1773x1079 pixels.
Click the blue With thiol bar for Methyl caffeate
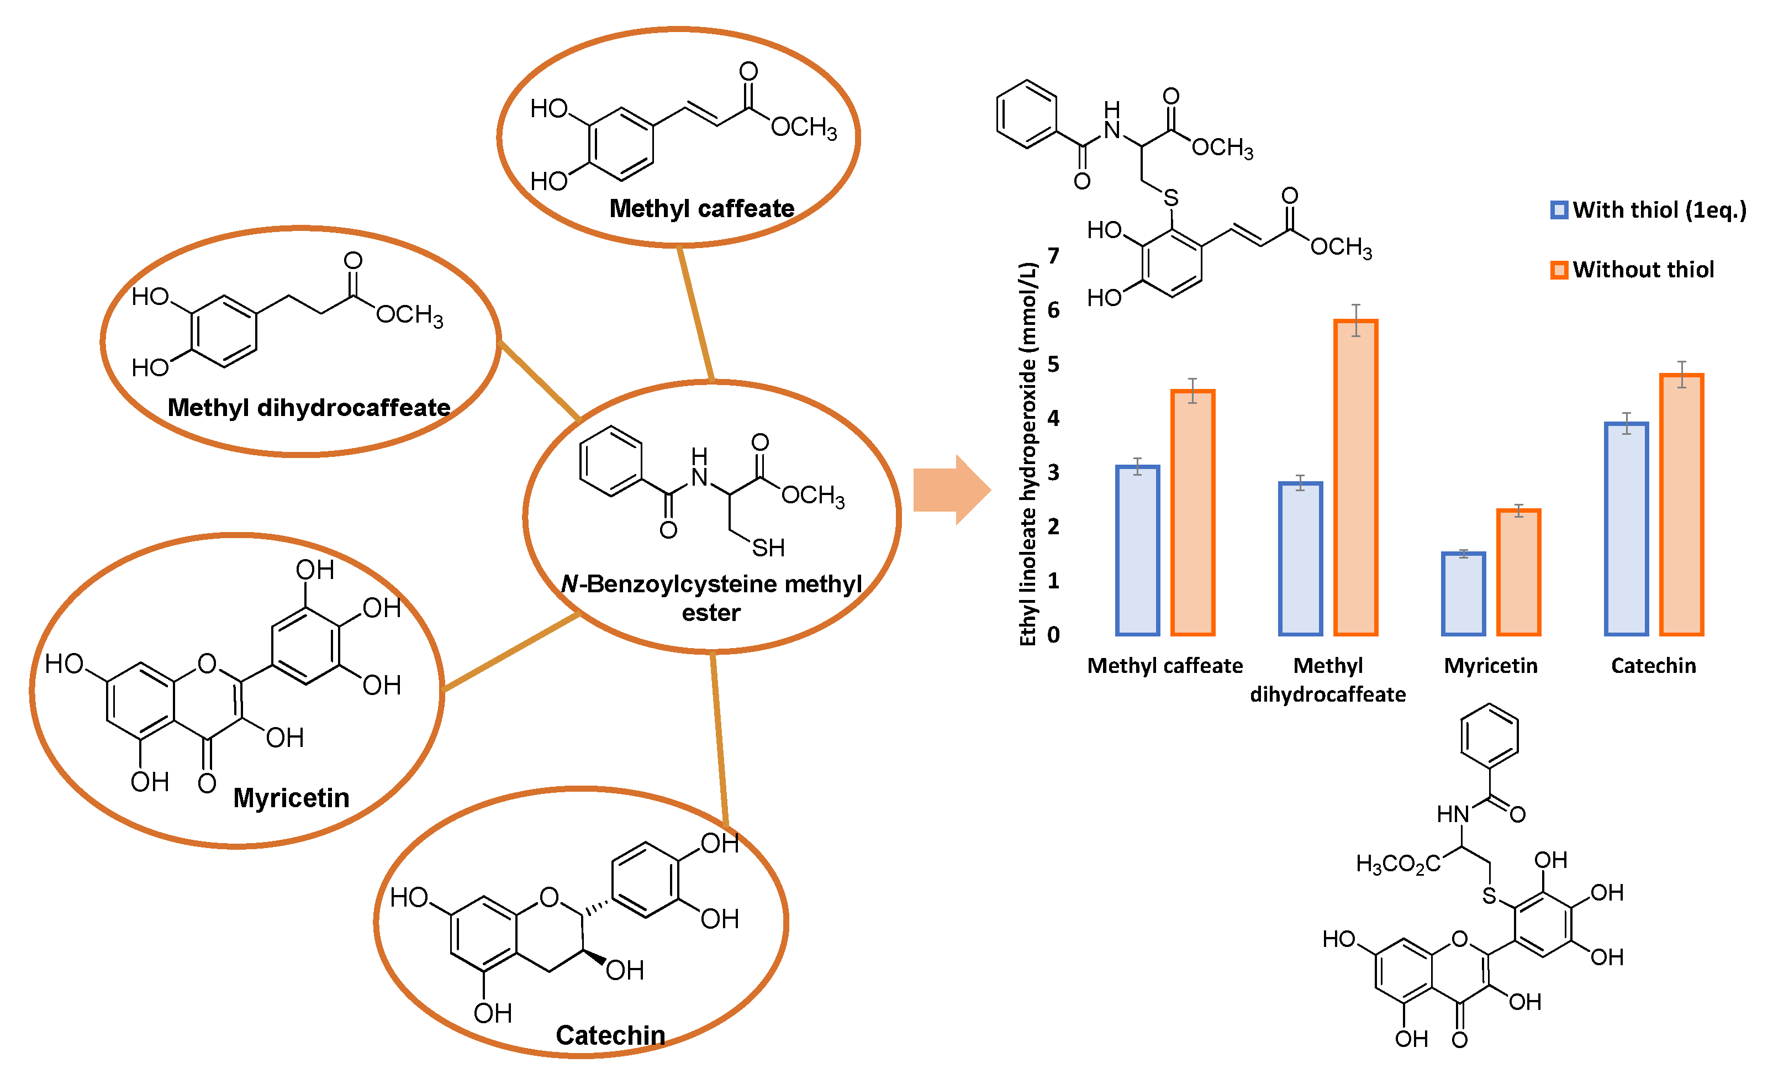coord(1137,551)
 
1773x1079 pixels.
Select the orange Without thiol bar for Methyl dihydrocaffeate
coord(1355,478)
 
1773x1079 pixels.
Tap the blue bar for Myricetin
coord(1463,594)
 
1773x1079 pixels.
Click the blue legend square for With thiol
coord(1559,210)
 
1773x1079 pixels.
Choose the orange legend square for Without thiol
coord(1559,270)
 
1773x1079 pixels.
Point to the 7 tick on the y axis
coord(1053,256)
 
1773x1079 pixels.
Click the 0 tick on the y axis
coord(1053,634)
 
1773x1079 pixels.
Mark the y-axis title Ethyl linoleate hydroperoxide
coord(1027,454)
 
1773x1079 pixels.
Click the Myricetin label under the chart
coord(1490,666)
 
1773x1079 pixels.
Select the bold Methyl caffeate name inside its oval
coord(701,209)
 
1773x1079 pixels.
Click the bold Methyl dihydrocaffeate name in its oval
coord(309,407)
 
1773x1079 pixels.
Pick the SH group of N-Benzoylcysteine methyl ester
coord(768,548)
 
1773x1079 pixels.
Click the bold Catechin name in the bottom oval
coord(610,1035)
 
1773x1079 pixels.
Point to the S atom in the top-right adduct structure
coord(1171,197)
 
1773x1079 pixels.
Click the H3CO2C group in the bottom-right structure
coord(1397,864)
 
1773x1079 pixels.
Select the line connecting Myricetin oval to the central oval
coord(511,652)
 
